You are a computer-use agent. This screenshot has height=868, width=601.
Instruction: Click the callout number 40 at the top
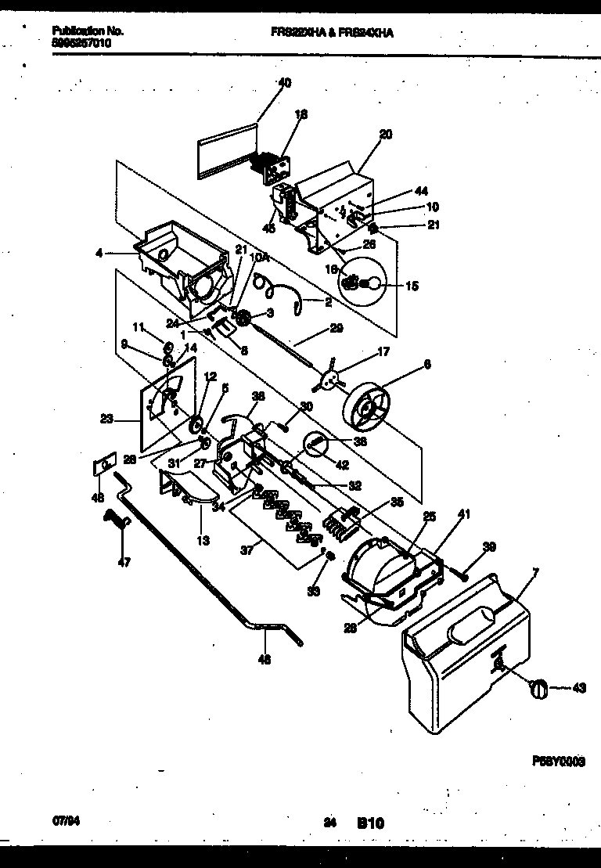(x=284, y=82)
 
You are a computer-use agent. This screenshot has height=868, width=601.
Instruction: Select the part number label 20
(x=385, y=134)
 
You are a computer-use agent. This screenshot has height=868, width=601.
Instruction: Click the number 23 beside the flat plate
(x=106, y=420)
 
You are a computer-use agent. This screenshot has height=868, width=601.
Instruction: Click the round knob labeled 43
(x=538, y=686)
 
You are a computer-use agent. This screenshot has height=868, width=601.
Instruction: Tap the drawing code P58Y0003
(x=560, y=761)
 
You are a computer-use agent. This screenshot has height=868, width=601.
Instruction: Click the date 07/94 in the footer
(x=63, y=822)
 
